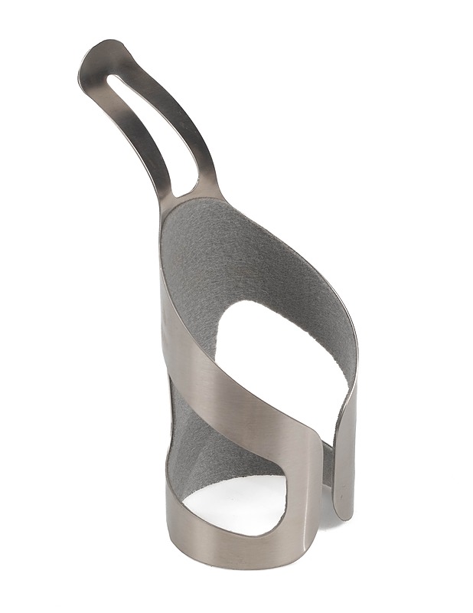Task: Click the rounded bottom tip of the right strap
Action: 345,513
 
